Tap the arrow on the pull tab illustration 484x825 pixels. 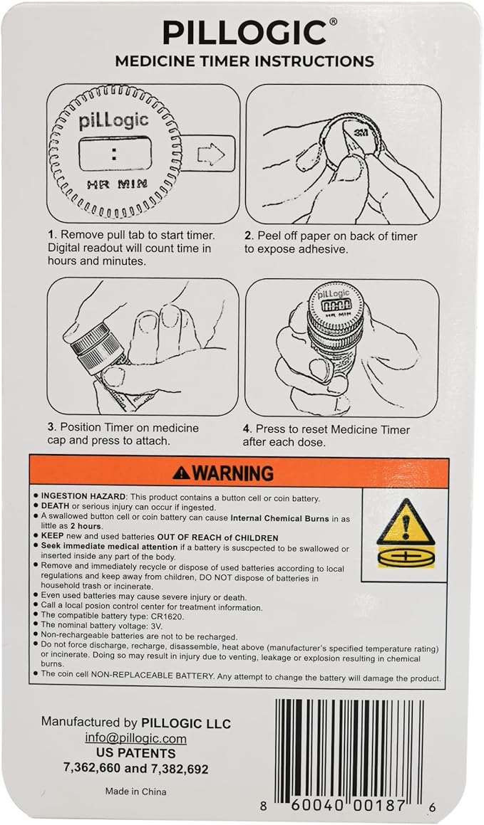[211, 154]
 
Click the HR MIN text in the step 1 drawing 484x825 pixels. [117, 184]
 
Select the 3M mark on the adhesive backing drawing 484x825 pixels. [361, 132]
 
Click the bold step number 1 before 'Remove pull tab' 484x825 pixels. [51, 235]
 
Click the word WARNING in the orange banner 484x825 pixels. [233, 473]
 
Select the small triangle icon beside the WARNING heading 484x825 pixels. [181, 473]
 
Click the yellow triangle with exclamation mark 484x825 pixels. [406, 522]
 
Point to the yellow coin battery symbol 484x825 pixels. [406, 557]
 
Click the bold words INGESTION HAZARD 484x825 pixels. [83, 498]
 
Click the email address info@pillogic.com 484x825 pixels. [136, 738]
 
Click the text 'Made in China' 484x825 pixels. [136, 792]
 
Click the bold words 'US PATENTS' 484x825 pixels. [136, 753]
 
